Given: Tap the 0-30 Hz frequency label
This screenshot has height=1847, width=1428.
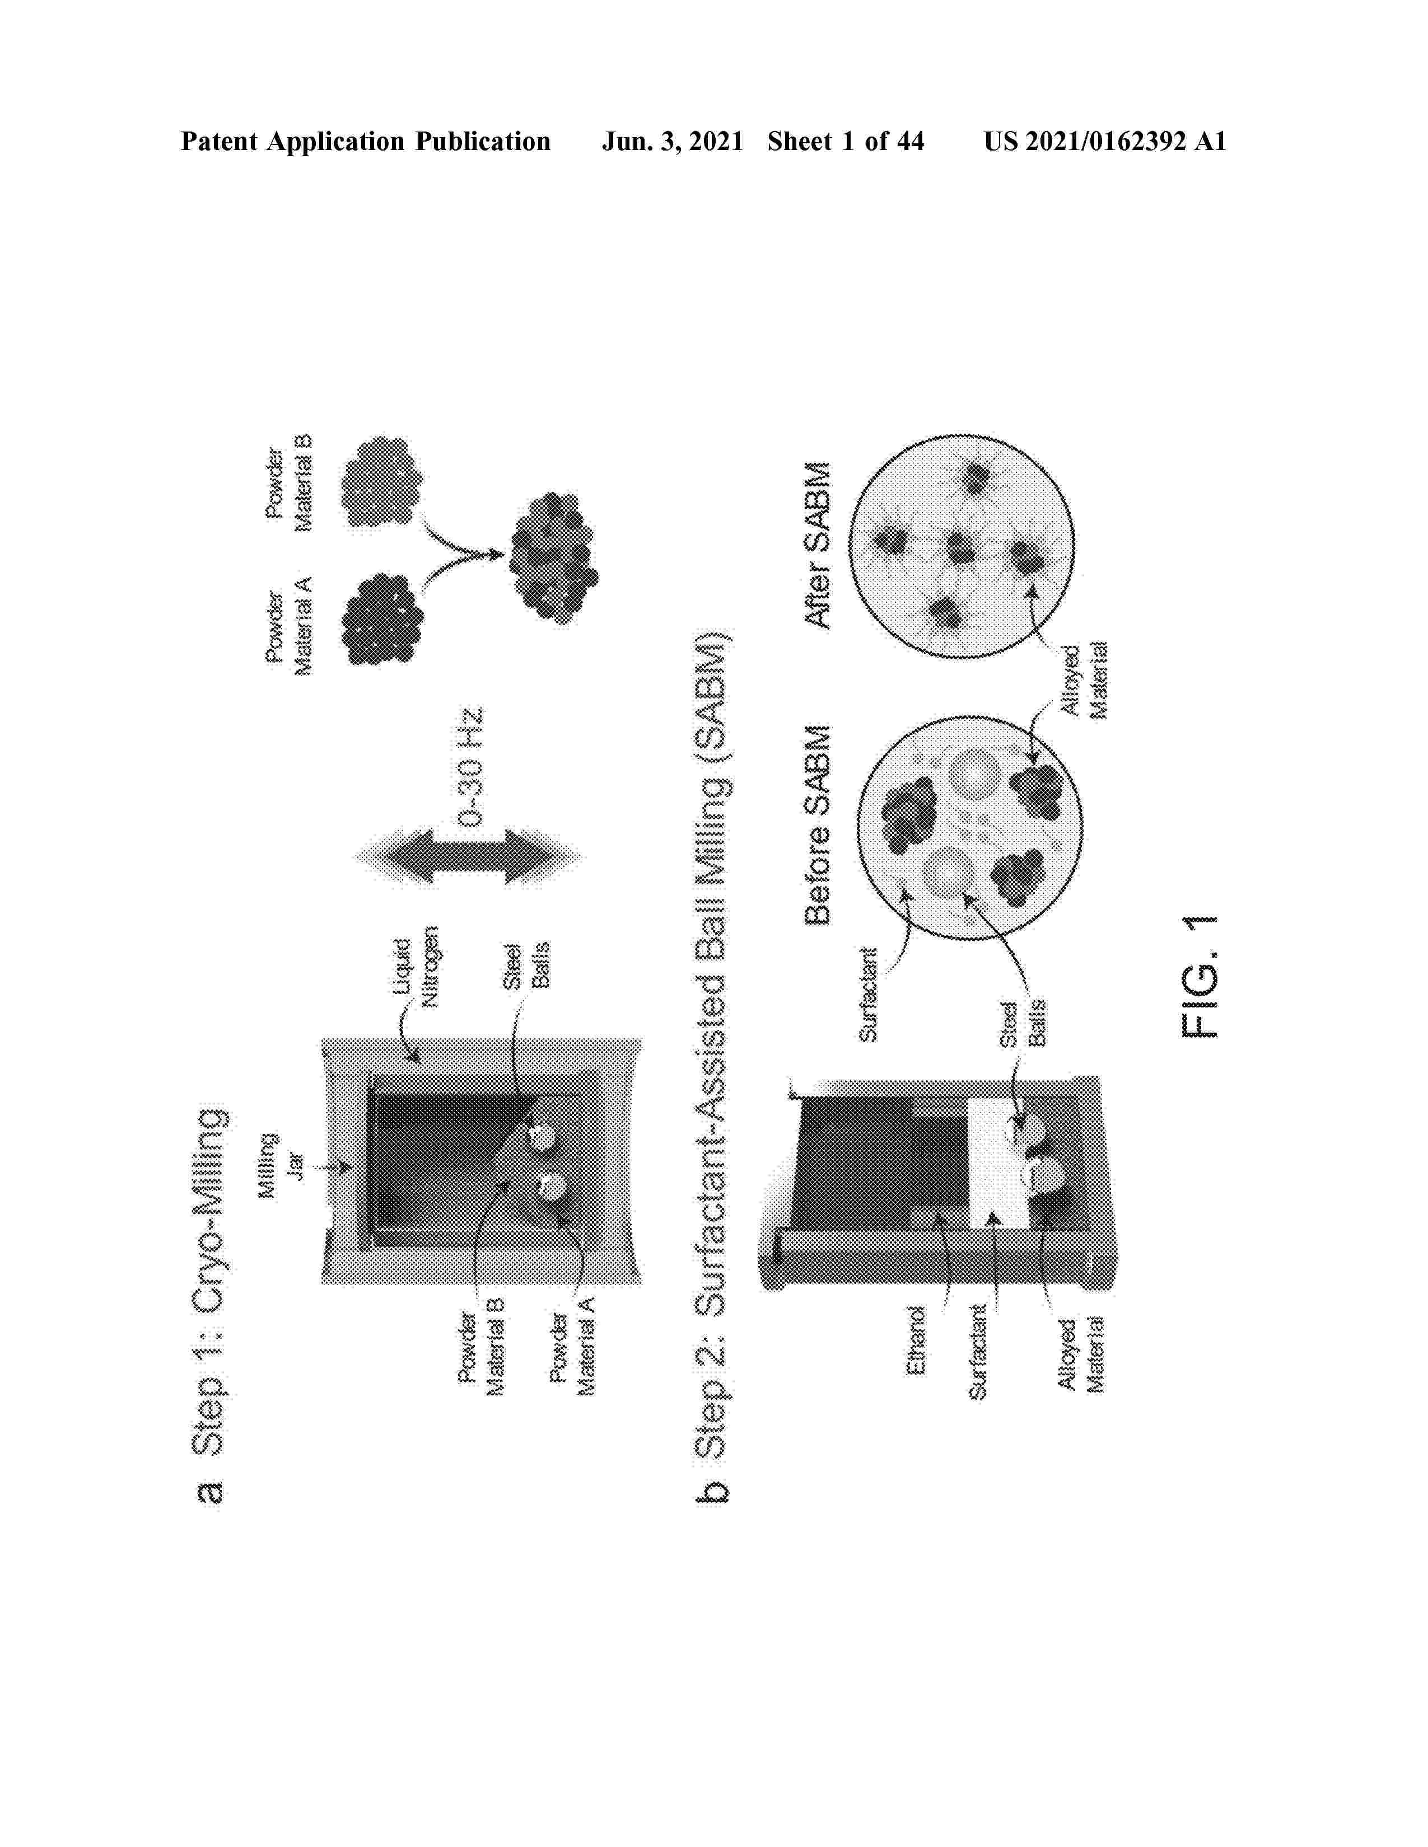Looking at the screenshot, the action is click(469, 766).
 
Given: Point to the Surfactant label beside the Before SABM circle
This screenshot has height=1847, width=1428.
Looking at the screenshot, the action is click(869, 993).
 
